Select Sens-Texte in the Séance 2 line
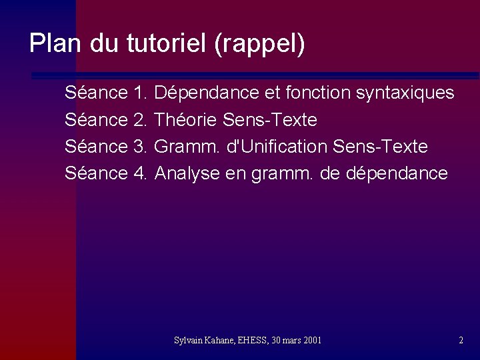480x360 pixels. pos(270,120)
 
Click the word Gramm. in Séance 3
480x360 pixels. pos(188,147)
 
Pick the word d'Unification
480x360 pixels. pos(277,147)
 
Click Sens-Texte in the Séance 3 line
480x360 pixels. pos(380,147)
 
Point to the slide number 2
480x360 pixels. pos(461,341)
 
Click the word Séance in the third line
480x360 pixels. pos(96,147)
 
